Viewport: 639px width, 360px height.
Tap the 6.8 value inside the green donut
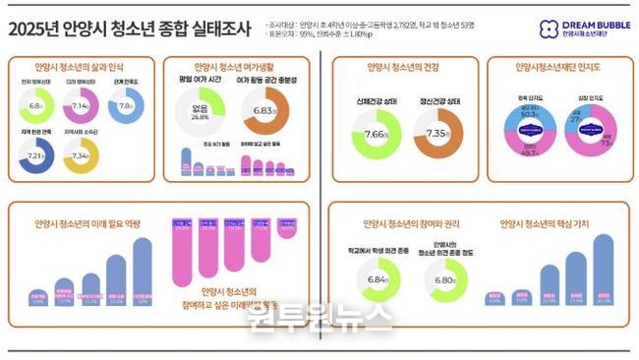[37, 106]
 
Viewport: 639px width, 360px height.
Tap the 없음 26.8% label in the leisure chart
[200, 111]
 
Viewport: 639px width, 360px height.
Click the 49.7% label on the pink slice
[525, 152]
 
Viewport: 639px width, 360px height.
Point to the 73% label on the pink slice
[607, 142]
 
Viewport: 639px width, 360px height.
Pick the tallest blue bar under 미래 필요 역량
[143, 270]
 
